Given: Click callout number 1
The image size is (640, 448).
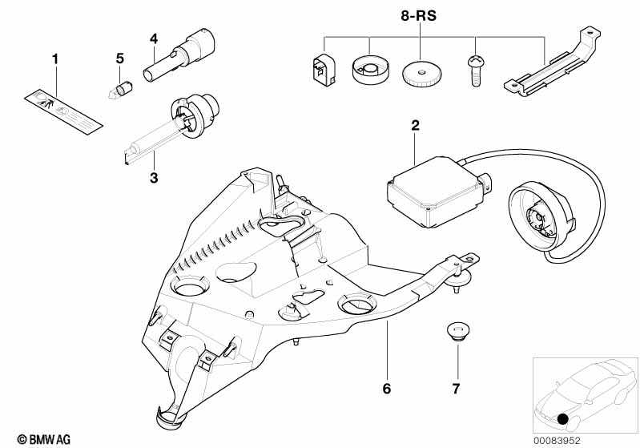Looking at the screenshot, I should click(55, 59).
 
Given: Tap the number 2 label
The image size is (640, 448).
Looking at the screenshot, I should click(415, 125).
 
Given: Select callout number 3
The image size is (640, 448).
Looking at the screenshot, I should click(154, 177).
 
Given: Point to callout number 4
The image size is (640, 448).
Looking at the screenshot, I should click(154, 38).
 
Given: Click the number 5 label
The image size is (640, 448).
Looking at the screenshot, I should click(120, 59).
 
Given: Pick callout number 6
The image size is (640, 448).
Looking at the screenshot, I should click(386, 389).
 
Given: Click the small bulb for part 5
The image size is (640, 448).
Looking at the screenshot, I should click(122, 86).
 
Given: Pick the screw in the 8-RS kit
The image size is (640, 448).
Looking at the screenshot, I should click(474, 79).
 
